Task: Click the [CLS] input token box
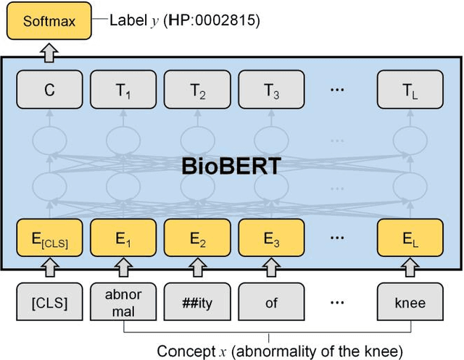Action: point(49,304)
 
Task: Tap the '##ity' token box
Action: point(197,304)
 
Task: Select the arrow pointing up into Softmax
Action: point(49,50)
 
